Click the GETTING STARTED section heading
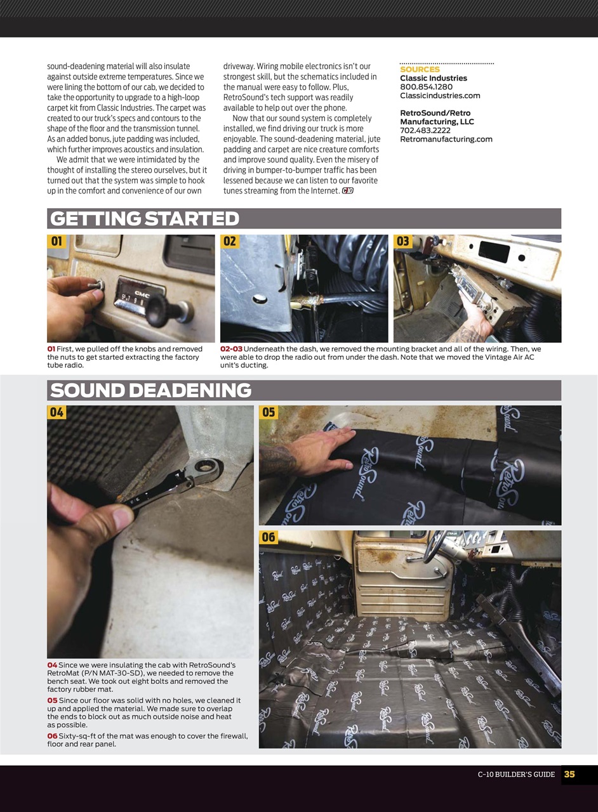145,219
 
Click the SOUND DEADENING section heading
150,391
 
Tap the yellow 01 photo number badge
56,242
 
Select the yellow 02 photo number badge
230,242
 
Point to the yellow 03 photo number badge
403,242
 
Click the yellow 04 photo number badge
57,412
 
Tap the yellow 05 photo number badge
269,412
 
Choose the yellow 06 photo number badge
269,537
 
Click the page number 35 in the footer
569,775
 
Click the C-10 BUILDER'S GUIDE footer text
516,775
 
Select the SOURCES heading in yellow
420,69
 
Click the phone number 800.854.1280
426,87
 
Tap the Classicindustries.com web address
440,96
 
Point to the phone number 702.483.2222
425,131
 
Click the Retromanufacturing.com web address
446,139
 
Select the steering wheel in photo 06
437,549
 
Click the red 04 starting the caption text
52,665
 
